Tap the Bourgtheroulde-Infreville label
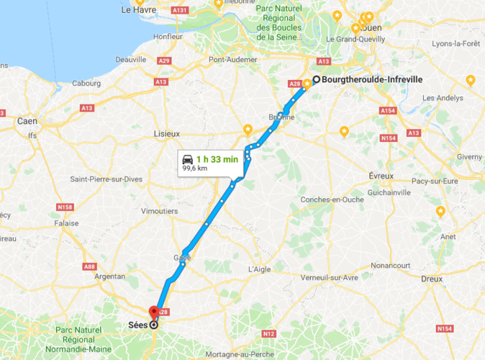click(371, 79)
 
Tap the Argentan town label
click(110, 276)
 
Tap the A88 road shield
click(89, 267)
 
